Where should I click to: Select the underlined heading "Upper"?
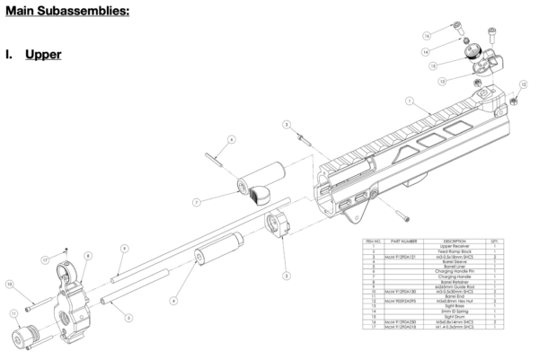coord(44,55)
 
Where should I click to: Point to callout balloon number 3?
coord(286,124)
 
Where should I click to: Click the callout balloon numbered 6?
coord(231,140)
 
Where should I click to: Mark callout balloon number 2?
coord(286,275)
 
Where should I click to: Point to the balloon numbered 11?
coord(14,313)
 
